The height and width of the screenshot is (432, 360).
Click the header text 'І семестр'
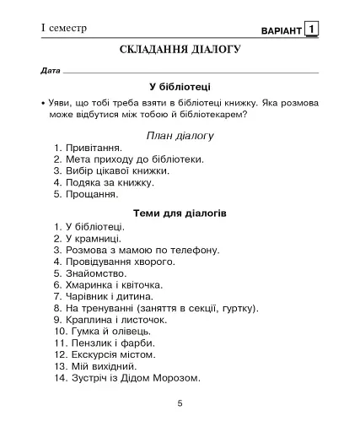[x=64, y=29]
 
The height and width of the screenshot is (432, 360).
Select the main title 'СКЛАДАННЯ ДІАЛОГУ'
[x=180, y=50]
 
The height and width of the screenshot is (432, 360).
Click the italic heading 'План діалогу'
[x=180, y=135]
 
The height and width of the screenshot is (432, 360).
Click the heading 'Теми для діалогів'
[x=180, y=213]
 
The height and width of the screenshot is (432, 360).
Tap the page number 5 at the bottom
[x=180, y=403]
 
